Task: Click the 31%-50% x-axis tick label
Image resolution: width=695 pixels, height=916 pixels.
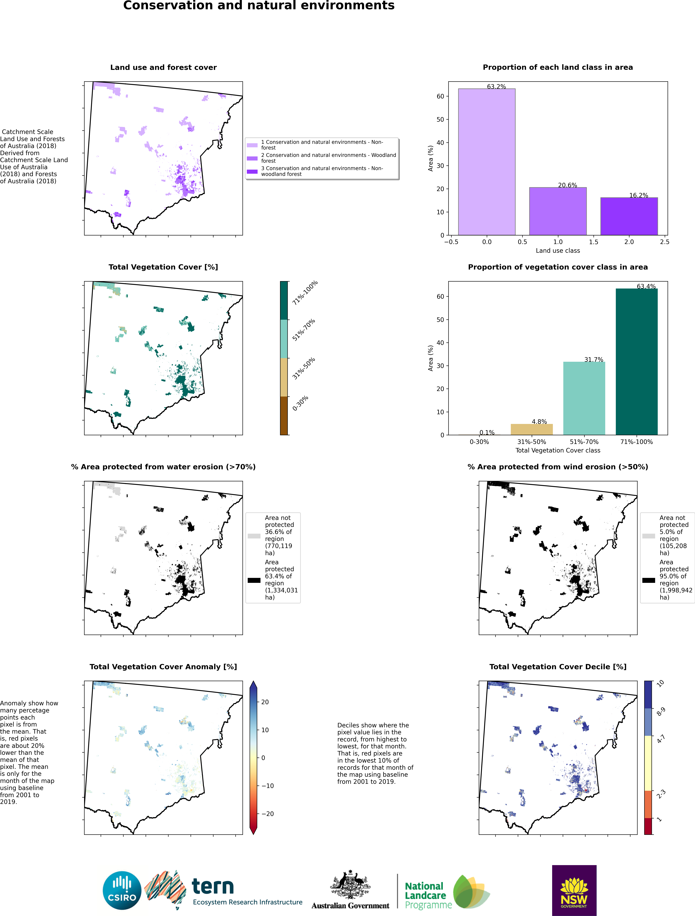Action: pos(531,442)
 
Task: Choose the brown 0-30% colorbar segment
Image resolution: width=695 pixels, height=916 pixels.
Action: pos(284,415)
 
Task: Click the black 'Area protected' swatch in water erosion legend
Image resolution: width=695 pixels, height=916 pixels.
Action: pos(254,580)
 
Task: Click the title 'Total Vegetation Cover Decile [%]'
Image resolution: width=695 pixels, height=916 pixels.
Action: pos(558,667)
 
